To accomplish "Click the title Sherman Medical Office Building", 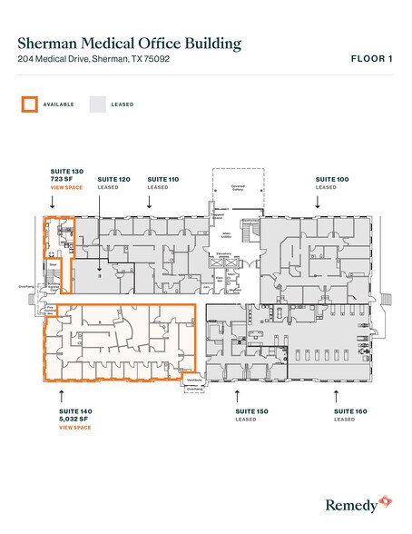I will [x=130, y=43].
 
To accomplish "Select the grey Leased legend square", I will [x=97, y=104].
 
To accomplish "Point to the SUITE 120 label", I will [x=113, y=180].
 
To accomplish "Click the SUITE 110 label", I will [x=162, y=180].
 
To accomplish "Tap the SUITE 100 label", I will [x=331, y=180].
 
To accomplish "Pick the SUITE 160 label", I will [x=344, y=411].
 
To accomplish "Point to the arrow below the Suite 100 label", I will [x=318, y=204].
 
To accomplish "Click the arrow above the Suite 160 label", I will [x=336, y=394].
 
